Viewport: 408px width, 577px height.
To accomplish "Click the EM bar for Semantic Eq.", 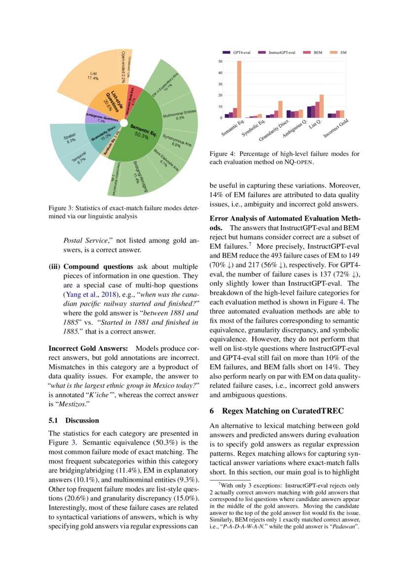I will (239, 89).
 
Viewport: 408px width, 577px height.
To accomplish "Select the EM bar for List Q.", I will (322, 106).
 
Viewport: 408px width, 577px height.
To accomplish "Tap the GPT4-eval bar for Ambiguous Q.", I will (289, 114).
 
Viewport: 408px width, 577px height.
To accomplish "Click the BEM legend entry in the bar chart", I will (314, 52).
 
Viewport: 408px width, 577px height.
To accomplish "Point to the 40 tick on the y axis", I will (220, 73).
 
